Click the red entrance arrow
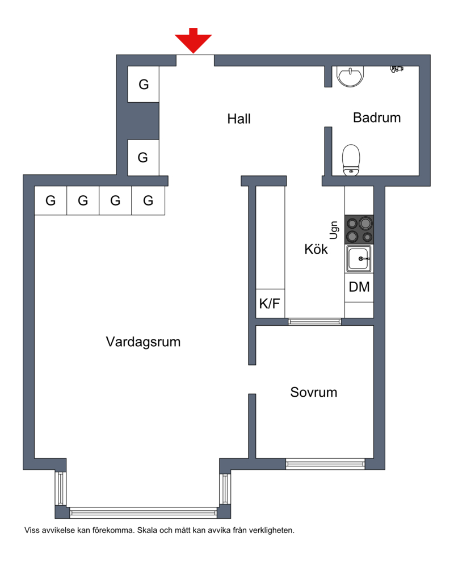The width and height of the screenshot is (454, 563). tap(193, 40)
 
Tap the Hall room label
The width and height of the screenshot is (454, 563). tap(239, 119)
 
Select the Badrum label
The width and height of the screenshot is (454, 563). tap(377, 118)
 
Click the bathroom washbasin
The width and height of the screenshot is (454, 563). tap(350, 76)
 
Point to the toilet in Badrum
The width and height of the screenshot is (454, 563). tap(351, 160)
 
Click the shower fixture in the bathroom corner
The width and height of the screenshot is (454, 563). tap(397, 68)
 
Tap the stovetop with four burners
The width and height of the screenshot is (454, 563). tap(359, 230)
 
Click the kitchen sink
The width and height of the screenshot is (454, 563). tap(359, 259)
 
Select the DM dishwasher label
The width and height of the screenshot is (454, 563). tap(359, 287)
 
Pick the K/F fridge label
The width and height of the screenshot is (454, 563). tap(270, 304)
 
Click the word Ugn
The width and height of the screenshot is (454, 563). tap(334, 230)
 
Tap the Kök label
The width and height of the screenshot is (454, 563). tap(316, 249)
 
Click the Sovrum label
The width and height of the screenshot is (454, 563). tap(314, 392)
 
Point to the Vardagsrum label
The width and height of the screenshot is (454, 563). tap(143, 342)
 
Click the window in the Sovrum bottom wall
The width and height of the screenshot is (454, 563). tap(325, 464)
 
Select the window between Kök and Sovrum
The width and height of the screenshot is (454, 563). tap(315, 322)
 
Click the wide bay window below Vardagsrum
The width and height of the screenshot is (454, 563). tap(143, 512)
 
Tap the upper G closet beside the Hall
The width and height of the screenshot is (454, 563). tap(144, 85)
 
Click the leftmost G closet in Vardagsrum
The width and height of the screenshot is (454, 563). tap(51, 200)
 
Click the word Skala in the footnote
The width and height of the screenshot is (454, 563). tap(146, 530)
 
